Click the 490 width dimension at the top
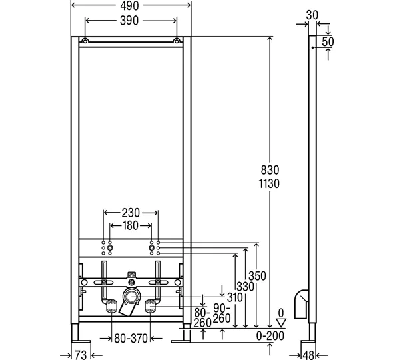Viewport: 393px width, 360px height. coord(129,6)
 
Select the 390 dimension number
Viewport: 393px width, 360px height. coord(129,21)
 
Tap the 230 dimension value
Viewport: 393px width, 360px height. coord(131,213)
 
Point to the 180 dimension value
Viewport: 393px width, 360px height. coord(131,226)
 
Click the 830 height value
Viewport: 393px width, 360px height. coord(270,170)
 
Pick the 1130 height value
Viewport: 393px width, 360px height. coord(269,184)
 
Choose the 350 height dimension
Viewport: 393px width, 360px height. coord(257,276)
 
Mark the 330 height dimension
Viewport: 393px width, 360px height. coord(246,287)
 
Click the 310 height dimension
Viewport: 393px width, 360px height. coord(235,297)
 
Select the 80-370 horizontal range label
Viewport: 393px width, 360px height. coord(131,339)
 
